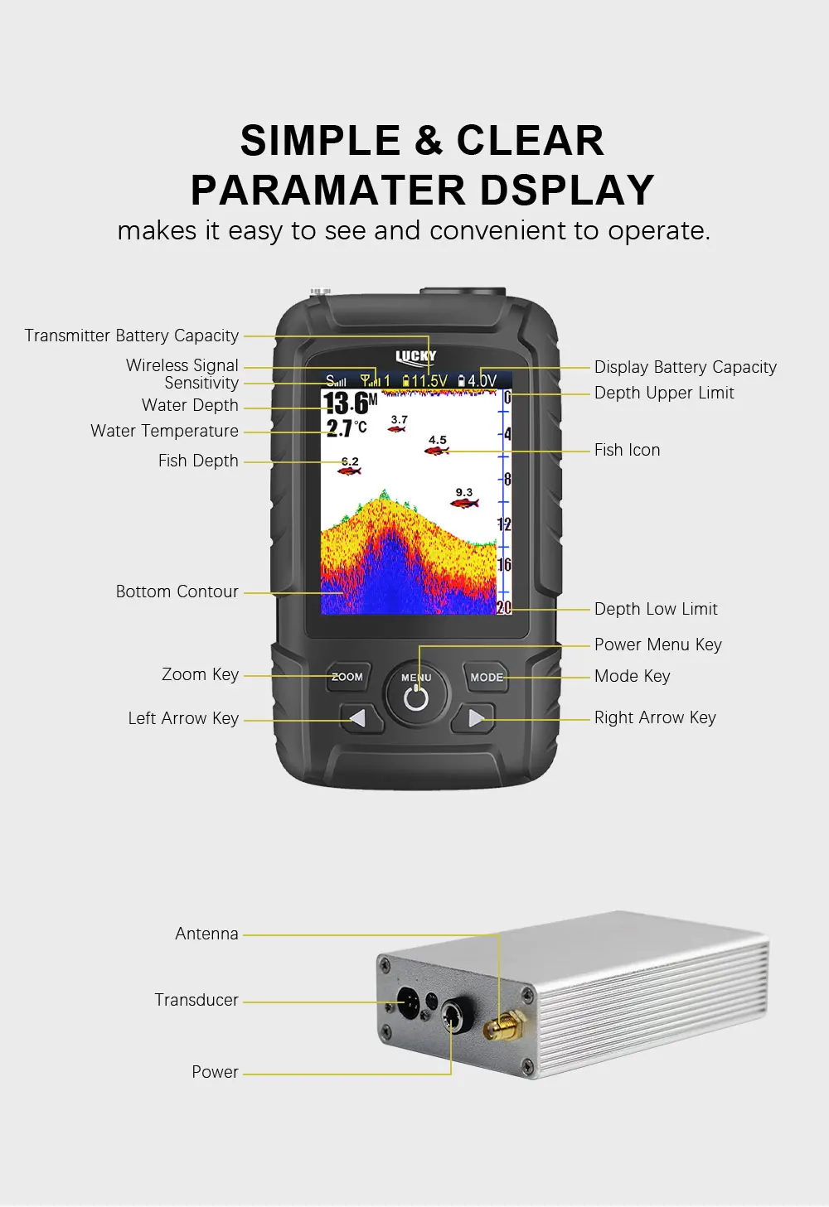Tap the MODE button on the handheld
point(486,677)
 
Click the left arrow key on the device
point(361,717)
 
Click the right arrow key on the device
point(474,717)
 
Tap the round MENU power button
point(416,693)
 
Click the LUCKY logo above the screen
point(415,356)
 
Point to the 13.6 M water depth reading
point(350,403)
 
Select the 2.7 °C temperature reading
point(347,427)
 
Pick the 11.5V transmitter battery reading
point(425,381)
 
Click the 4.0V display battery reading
point(477,381)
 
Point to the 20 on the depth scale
point(504,607)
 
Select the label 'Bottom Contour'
point(177,591)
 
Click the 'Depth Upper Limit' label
point(664,393)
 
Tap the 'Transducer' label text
point(196,1000)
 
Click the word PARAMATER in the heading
point(328,190)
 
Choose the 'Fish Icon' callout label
point(628,450)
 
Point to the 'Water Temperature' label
point(164,431)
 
